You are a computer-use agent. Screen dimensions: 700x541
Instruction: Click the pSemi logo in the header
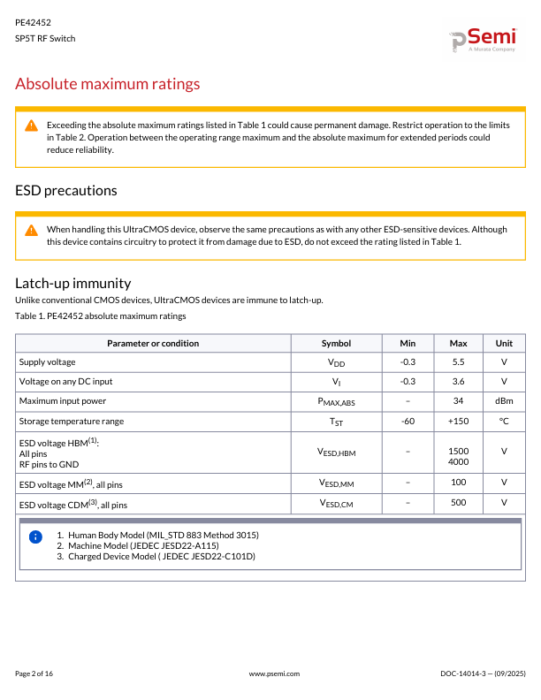pyautogui.click(x=483, y=41)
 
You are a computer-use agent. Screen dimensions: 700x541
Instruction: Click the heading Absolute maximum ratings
pyautogui.click(x=108, y=84)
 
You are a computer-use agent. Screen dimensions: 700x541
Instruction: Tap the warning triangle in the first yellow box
pyautogui.click(x=31, y=126)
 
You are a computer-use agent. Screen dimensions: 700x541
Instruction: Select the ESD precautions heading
pyautogui.click(x=66, y=190)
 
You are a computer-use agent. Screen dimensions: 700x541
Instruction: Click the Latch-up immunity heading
pyautogui.click(x=73, y=283)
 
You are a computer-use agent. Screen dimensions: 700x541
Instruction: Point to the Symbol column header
pyautogui.click(x=336, y=343)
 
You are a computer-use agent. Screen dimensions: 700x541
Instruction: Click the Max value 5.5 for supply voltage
pyautogui.click(x=458, y=362)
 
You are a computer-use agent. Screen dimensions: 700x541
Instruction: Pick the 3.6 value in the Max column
pyautogui.click(x=458, y=382)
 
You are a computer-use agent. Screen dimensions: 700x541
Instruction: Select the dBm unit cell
pyautogui.click(x=504, y=401)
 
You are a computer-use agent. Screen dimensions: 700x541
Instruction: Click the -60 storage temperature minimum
pyautogui.click(x=408, y=421)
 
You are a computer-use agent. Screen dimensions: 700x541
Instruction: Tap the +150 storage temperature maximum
pyautogui.click(x=458, y=421)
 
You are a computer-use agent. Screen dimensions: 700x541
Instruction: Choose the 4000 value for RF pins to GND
pyautogui.click(x=458, y=462)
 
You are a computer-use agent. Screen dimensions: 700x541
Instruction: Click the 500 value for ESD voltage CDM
pyautogui.click(x=458, y=503)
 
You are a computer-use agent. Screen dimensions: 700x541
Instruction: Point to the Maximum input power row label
pyautogui.click(x=63, y=401)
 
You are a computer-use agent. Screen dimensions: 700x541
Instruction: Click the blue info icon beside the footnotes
pyautogui.click(x=35, y=536)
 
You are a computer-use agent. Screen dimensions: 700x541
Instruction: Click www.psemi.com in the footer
pyautogui.click(x=275, y=673)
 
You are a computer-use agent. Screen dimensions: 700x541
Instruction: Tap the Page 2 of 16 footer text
pyautogui.click(x=34, y=673)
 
